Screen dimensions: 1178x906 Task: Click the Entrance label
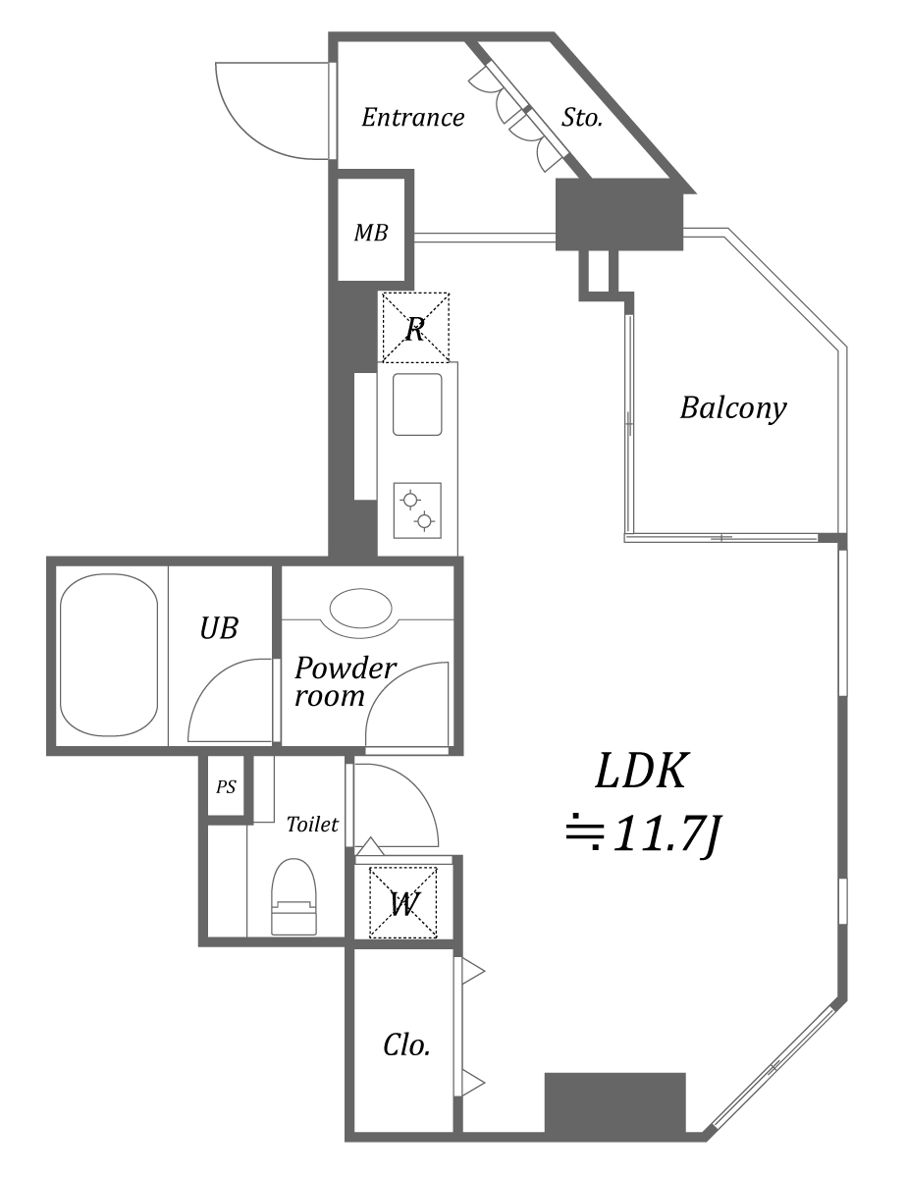(x=412, y=118)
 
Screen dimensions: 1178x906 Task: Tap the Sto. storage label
(x=581, y=118)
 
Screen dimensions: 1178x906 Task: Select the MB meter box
(x=370, y=234)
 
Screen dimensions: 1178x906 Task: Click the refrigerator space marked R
(x=414, y=328)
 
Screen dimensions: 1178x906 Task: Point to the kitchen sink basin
(x=417, y=403)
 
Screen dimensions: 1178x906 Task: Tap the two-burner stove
(x=417, y=510)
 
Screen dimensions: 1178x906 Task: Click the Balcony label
(x=733, y=407)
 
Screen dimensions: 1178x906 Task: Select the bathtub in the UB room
(x=108, y=654)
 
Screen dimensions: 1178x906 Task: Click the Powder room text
(x=344, y=682)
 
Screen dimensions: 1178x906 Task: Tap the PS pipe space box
(x=226, y=786)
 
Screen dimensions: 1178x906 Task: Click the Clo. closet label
(x=405, y=1045)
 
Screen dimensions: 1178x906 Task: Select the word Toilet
(x=312, y=825)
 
